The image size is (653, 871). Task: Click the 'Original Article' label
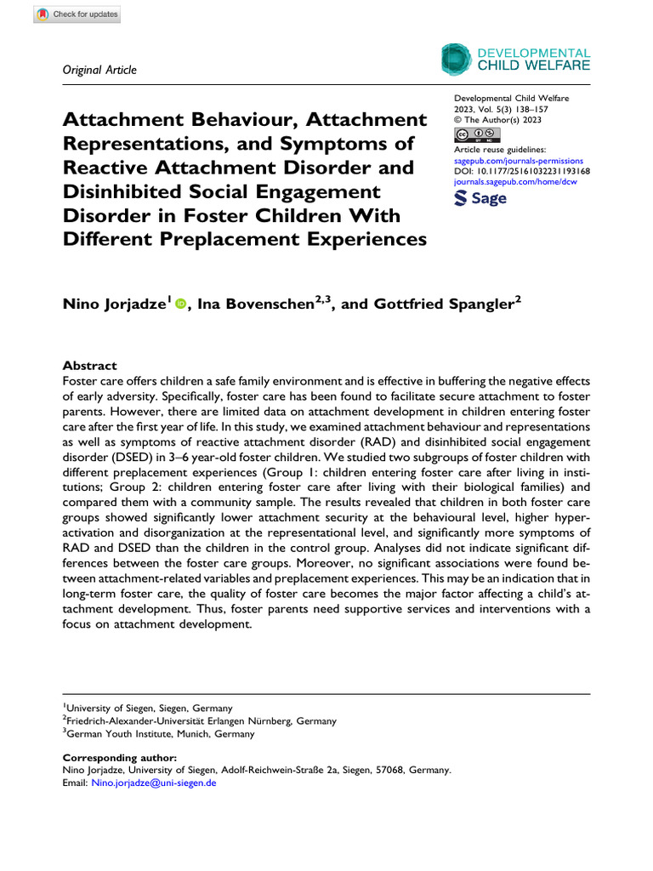tap(99, 70)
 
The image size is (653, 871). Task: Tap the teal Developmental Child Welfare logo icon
tap(456, 59)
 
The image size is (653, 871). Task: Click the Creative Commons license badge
tap(478, 134)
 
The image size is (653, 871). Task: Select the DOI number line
tap(523, 170)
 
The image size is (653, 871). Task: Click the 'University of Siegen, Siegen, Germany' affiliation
tap(150, 708)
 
